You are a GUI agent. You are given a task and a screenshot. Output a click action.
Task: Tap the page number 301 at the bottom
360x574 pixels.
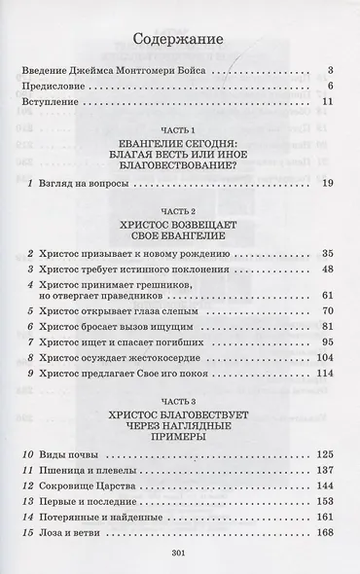coord(178,553)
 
